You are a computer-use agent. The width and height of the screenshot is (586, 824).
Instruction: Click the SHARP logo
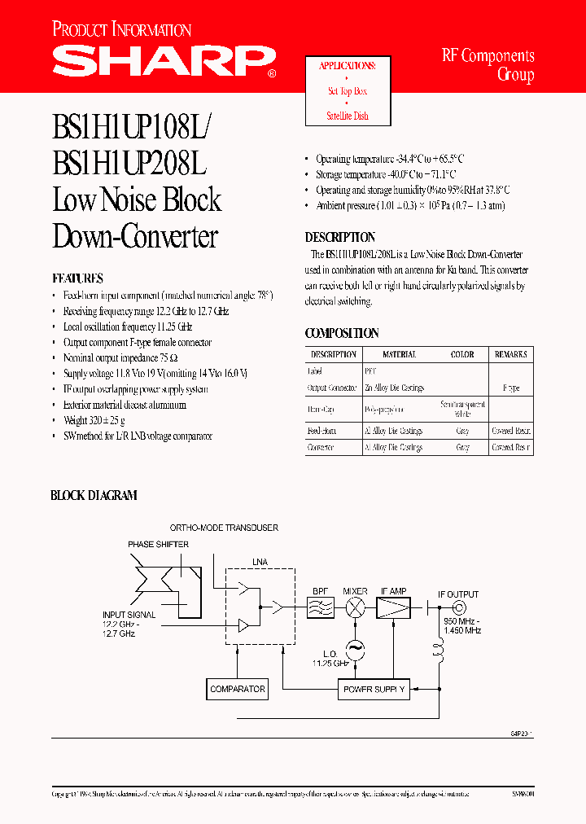163,59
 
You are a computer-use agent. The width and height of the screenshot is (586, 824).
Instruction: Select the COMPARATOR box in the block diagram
237,689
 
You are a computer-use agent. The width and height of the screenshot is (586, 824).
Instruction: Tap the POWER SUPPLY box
374,690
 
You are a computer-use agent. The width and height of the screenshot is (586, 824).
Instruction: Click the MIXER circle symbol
355,607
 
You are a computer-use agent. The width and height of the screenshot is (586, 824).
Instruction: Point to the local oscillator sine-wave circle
355,649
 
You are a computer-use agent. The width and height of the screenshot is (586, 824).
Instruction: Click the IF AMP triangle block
394,607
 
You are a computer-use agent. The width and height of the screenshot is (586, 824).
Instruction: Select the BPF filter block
321,607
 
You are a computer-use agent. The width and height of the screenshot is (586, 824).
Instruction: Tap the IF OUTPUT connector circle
458,607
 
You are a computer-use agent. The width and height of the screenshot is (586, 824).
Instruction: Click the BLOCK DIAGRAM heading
94,495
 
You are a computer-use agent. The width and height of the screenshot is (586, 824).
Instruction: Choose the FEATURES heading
77,278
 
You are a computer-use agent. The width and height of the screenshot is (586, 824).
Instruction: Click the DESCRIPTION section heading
340,237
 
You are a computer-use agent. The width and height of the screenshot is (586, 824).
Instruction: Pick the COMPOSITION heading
342,333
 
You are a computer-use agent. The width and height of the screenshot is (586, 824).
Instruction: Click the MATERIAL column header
400,354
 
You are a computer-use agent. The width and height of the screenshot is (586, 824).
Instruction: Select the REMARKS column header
510,354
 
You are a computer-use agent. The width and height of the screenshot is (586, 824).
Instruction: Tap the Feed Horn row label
321,431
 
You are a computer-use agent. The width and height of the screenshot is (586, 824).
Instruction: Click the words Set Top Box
348,91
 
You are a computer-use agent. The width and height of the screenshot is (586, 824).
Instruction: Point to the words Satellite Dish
348,116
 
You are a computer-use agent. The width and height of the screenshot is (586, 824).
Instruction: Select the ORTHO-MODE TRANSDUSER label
224,528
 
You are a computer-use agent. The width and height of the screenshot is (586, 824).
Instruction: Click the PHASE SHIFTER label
158,544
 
